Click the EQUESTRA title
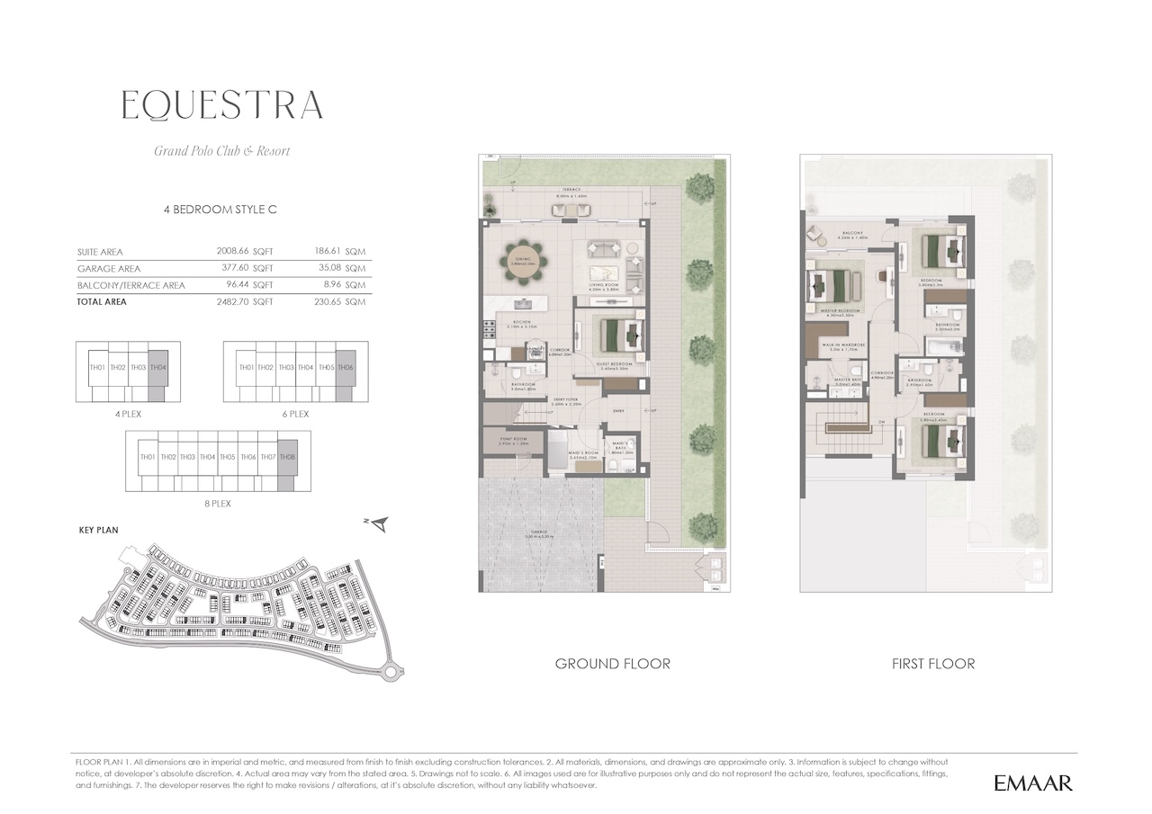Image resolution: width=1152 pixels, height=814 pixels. click(x=222, y=106)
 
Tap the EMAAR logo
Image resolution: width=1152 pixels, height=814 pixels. click(x=1033, y=783)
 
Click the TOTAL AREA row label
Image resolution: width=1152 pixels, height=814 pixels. click(x=103, y=302)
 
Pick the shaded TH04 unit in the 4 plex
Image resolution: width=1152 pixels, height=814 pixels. click(x=157, y=368)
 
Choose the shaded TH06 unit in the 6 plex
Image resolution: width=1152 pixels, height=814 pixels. click(x=346, y=368)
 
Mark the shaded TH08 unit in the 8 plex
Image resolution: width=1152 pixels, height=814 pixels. click(x=287, y=458)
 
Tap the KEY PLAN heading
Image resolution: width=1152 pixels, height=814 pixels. click(x=99, y=531)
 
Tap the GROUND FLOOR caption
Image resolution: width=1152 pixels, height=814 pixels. click(x=612, y=664)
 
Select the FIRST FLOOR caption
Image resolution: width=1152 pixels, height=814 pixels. click(x=933, y=664)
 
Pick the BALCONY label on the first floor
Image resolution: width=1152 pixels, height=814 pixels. click(x=852, y=234)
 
